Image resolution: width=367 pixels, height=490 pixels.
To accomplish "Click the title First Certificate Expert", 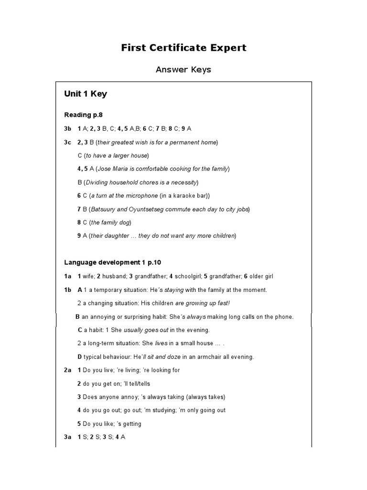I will click(x=183, y=47).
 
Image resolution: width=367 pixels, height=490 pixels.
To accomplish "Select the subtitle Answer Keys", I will click(x=183, y=70).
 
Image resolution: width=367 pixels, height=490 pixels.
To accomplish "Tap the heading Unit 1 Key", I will click(x=86, y=94).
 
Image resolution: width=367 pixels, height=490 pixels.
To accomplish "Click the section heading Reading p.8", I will click(x=84, y=115).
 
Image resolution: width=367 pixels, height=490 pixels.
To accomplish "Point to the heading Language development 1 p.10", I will click(x=115, y=262).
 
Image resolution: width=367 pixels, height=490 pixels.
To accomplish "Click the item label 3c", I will click(x=68, y=142).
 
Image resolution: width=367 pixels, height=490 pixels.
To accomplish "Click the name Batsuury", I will click(x=104, y=209).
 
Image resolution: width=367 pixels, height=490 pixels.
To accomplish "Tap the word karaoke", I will click(x=181, y=196).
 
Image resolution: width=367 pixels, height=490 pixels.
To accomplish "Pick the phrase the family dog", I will click(x=110, y=223).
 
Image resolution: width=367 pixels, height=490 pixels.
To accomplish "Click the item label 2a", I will click(x=68, y=370).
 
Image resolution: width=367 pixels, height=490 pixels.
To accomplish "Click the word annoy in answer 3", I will click(x=130, y=397).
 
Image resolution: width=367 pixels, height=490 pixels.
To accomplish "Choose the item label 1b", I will click(x=68, y=290).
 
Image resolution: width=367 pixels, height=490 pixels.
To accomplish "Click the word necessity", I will click(x=181, y=182).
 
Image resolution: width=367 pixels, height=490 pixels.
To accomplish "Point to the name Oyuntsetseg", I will click(x=151, y=209).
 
